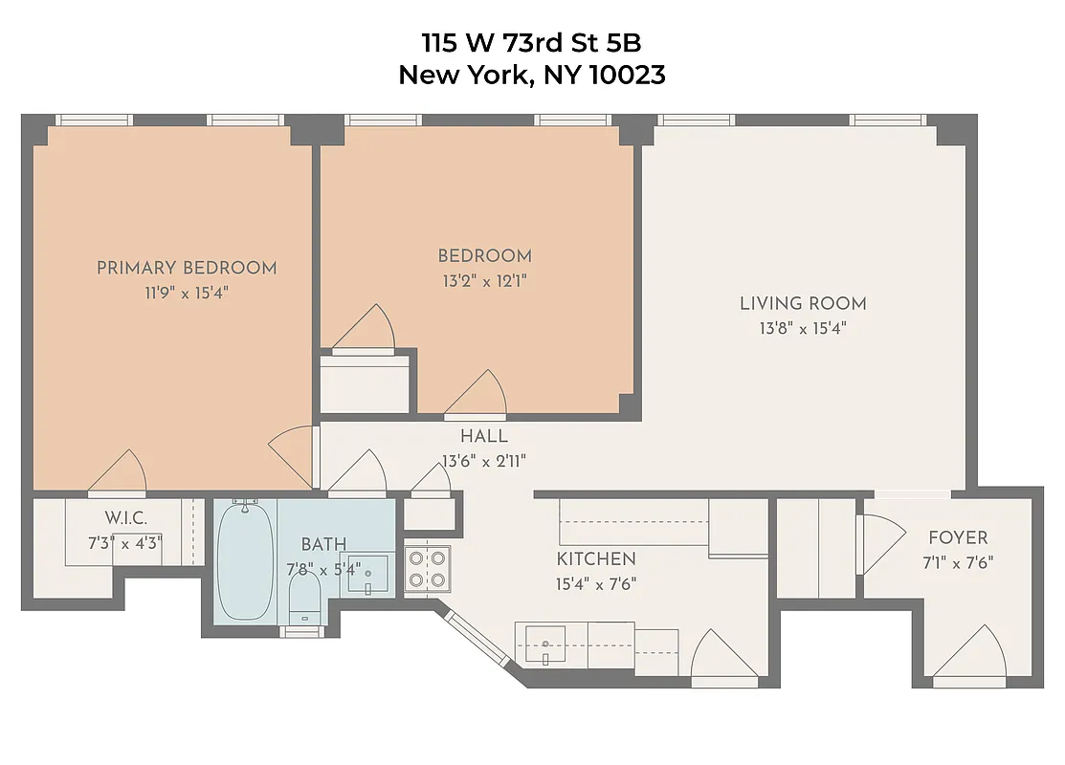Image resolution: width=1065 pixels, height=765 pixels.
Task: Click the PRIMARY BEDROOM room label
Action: [187, 268]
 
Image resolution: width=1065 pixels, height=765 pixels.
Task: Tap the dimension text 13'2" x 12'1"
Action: [484, 281]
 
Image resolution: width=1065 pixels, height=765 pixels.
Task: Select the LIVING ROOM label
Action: [803, 304]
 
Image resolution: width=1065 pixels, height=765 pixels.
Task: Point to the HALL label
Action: [484, 437]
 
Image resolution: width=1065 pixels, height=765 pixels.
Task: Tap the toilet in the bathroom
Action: [305, 600]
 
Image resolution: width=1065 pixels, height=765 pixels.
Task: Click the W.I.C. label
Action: [124, 517]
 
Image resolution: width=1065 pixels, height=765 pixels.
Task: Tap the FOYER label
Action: [958, 537]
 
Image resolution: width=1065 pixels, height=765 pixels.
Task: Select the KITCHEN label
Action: [596, 559]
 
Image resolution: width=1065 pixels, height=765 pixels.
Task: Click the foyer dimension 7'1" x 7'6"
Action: [958, 562]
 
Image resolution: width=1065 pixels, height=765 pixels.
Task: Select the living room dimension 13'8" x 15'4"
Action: [803, 328]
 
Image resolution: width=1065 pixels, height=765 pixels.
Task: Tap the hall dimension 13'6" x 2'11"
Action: [484, 461]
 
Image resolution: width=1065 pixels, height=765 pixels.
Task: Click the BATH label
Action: [324, 545]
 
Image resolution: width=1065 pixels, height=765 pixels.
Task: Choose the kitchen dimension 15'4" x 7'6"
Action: [596, 583]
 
